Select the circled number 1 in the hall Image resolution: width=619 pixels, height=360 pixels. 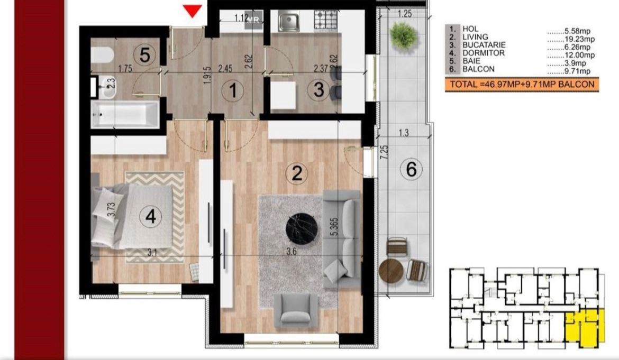point(232,91)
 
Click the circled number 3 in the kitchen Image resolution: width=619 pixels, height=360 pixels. point(318,90)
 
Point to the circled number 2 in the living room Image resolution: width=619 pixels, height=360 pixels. point(297,173)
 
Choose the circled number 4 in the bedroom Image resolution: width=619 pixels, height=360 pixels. point(151,217)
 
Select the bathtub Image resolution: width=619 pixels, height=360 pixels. point(125,114)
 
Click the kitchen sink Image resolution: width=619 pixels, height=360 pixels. point(289,21)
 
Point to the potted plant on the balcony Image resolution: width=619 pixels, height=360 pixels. point(403,35)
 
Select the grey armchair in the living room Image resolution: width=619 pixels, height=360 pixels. point(295,309)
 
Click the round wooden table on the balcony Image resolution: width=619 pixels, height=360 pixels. point(392,271)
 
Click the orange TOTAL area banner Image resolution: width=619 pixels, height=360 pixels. point(522,85)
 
